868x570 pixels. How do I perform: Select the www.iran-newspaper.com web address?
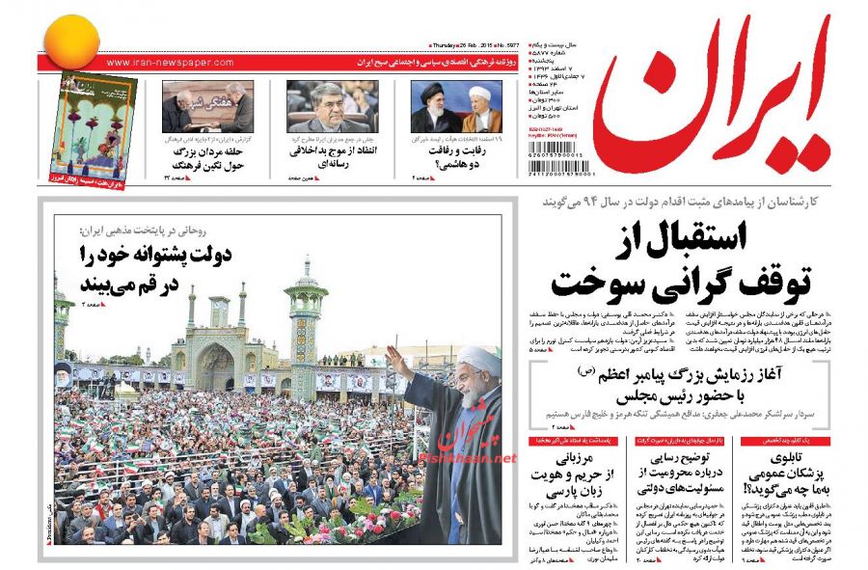(171, 63)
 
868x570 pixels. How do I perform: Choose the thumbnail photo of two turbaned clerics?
(457, 106)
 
